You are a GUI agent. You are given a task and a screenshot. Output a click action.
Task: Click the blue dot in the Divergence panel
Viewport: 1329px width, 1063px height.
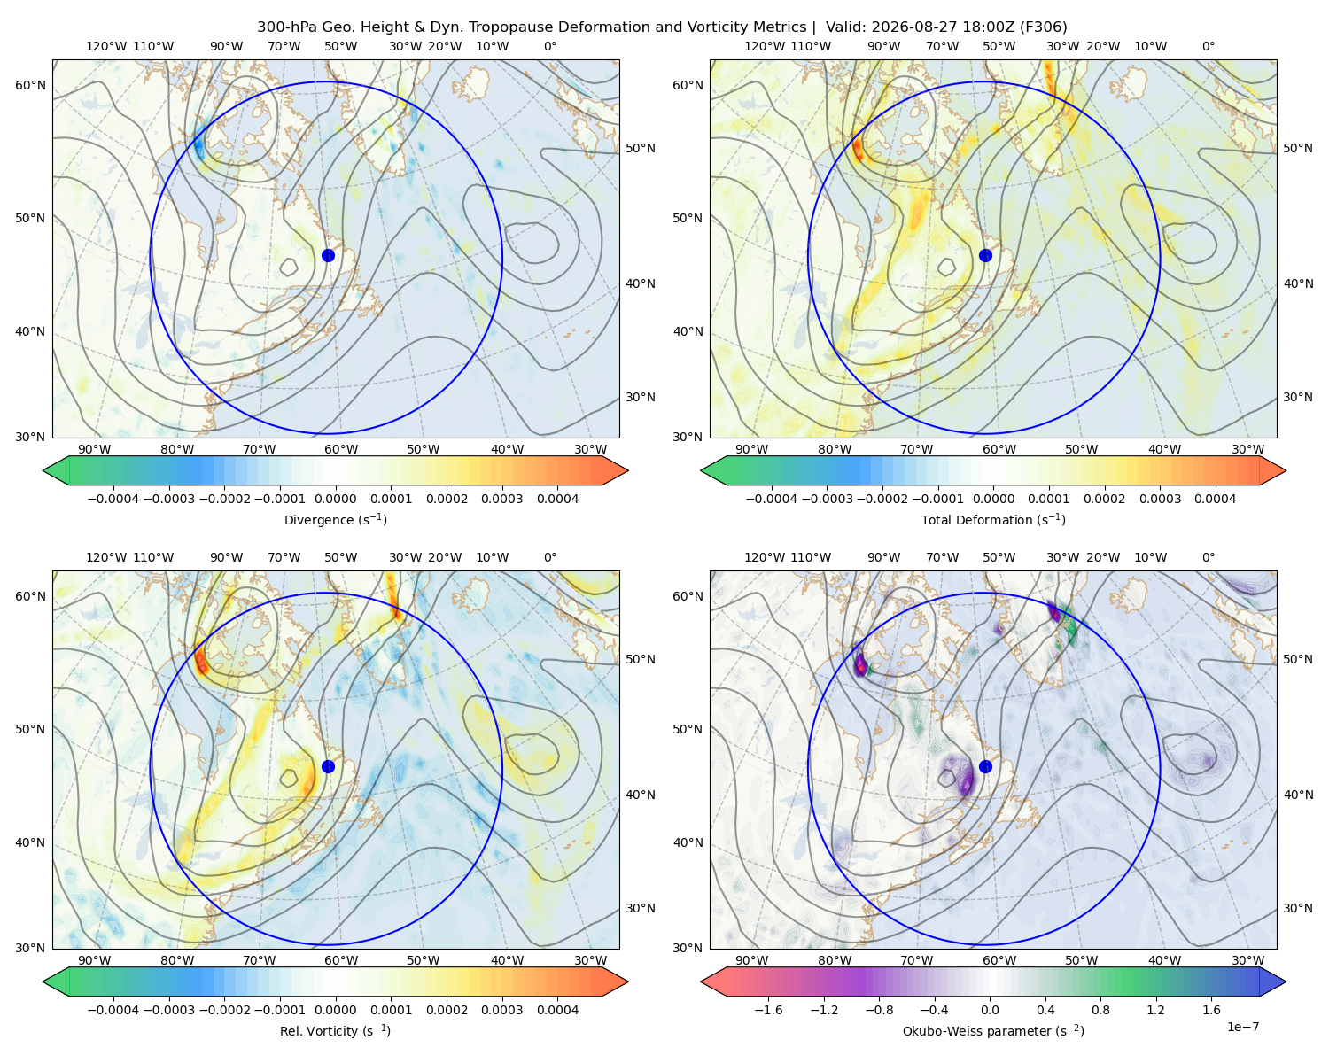pyautogui.click(x=328, y=255)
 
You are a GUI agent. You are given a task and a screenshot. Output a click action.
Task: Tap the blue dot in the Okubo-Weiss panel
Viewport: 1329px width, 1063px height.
pyautogui.click(x=985, y=766)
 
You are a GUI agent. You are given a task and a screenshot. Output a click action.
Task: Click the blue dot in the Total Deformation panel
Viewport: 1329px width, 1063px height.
pyautogui.click(x=985, y=255)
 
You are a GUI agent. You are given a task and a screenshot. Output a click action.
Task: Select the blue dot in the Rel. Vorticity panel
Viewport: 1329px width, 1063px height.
pyautogui.click(x=328, y=766)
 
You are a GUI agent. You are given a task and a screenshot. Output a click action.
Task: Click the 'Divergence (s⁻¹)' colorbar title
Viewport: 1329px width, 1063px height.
pyautogui.click(x=335, y=520)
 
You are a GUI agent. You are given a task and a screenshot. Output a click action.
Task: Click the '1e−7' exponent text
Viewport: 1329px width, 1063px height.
pyautogui.click(x=1242, y=1027)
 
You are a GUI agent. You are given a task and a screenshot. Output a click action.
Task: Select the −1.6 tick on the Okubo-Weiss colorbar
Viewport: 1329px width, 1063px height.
pyautogui.click(x=768, y=1010)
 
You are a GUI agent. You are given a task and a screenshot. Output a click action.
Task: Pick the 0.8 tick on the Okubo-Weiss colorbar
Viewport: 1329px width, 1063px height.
pyautogui.click(x=1100, y=1010)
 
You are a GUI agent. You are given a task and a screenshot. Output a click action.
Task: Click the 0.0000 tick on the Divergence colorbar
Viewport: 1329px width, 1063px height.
pyautogui.click(x=335, y=499)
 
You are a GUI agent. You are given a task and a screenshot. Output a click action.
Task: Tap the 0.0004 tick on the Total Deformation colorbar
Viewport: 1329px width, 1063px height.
pyautogui.click(x=1215, y=499)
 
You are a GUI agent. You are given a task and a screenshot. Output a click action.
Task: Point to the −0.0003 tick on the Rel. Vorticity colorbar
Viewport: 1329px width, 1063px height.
pyautogui.click(x=168, y=1010)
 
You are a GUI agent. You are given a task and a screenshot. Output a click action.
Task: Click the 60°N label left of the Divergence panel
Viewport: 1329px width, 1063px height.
pyautogui.click(x=30, y=85)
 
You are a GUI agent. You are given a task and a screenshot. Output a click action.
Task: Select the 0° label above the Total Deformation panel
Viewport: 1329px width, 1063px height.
pyautogui.click(x=1208, y=46)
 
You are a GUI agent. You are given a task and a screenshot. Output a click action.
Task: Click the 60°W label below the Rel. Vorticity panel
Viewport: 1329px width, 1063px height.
pyautogui.click(x=341, y=960)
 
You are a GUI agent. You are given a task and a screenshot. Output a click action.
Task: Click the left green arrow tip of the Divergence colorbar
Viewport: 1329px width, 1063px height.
pyautogui.click(x=43, y=470)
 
